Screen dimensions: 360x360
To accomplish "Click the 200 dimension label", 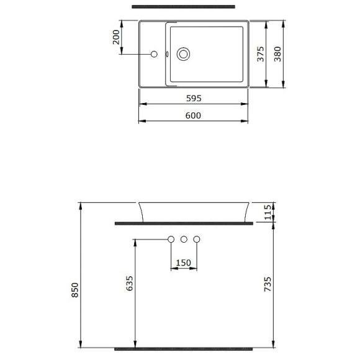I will [115, 38].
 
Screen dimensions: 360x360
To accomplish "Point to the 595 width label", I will [193, 98].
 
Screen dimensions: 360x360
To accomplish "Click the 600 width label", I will [193, 115].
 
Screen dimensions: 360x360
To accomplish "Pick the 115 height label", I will [268, 212].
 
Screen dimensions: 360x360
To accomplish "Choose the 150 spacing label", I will [184, 263].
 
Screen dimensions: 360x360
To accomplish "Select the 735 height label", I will [268, 284].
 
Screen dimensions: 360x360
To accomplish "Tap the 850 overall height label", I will [76, 290].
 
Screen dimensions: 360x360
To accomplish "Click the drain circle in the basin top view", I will [184, 54].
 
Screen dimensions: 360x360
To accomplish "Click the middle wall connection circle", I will [184, 240].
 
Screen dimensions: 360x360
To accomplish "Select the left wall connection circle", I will [171, 240].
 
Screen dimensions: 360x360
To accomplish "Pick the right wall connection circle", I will [197, 240].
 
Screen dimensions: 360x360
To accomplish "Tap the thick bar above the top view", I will [184, 7].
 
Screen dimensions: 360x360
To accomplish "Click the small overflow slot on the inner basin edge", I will [168, 54].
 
